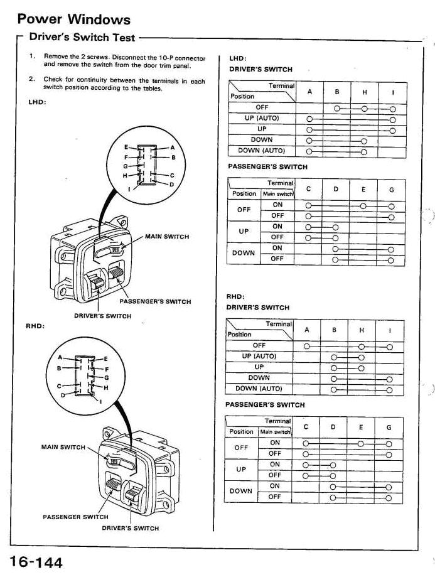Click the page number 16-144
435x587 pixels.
click(x=36, y=562)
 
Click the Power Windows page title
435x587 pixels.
click(x=74, y=20)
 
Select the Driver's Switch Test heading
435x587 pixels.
click(x=82, y=38)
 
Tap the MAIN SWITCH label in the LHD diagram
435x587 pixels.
click(x=166, y=237)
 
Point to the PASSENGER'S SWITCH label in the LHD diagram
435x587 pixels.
click(x=155, y=301)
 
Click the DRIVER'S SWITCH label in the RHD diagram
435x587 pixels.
click(x=131, y=528)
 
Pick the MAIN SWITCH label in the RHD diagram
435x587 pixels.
click(x=63, y=447)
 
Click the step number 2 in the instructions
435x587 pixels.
click(x=31, y=80)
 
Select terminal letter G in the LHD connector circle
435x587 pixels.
click(x=126, y=166)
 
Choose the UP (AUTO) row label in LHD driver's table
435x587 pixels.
click(x=262, y=119)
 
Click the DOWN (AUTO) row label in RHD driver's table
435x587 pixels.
click(x=259, y=389)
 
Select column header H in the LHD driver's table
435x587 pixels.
click(x=365, y=92)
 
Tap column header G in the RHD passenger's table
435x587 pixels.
click(x=389, y=428)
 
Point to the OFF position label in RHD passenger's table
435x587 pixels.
click(x=242, y=448)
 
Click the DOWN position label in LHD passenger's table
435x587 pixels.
click(x=244, y=253)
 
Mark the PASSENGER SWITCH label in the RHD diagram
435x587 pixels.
click(x=75, y=517)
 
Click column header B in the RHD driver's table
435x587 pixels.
click(x=334, y=330)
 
